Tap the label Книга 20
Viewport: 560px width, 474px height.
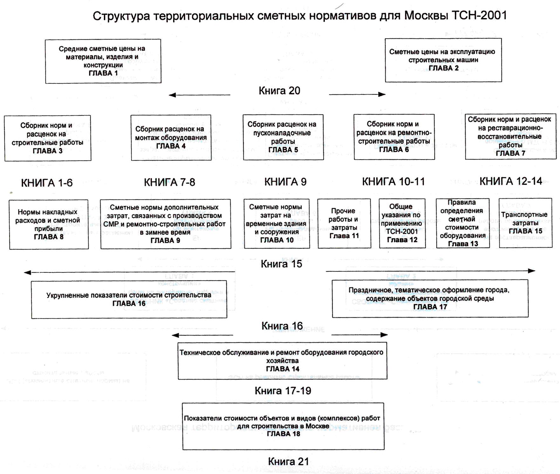pos(279,91)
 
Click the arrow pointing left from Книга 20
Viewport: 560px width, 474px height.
pos(200,95)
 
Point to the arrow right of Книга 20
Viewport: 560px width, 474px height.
pos(357,94)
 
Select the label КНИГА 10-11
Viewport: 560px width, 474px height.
pos(393,182)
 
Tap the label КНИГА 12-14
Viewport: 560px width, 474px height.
pos(511,181)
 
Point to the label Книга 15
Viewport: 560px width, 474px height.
pos(281,264)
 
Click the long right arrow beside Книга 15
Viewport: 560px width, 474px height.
pos(431,271)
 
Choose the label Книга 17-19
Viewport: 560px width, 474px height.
pos(283,391)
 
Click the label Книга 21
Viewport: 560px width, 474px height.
pos(288,461)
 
